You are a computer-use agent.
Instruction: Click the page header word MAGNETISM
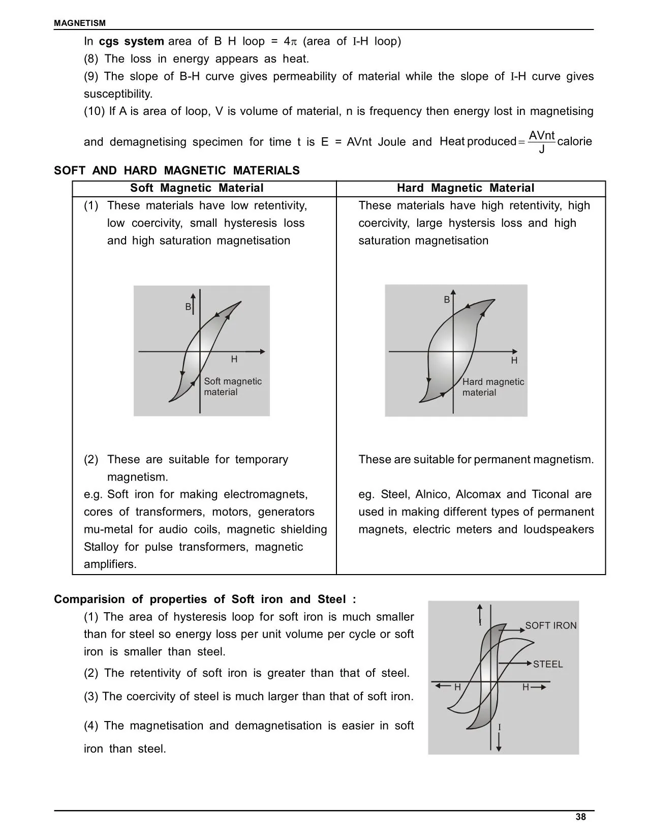[x=80, y=23]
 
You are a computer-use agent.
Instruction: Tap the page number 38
[x=580, y=817]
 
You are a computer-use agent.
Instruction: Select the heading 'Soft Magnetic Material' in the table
[x=197, y=188]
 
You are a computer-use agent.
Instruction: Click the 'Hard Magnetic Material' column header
[x=465, y=188]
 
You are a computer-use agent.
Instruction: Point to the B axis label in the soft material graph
[x=188, y=307]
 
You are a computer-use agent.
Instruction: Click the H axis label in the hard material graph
[x=514, y=361]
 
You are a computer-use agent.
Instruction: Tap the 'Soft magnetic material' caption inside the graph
[x=232, y=386]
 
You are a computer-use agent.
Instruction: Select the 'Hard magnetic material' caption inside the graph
[x=492, y=387]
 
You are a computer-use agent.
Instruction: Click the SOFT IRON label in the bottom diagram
[x=550, y=625]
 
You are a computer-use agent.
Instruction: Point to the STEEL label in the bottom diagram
[x=548, y=664]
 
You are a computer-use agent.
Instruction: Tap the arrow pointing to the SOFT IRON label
[x=511, y=630]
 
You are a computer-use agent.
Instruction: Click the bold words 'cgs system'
[x=132, y=42]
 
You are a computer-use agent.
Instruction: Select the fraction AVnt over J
[x=542, y=142]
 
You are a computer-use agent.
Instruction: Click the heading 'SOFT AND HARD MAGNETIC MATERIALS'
[x=177, y=171]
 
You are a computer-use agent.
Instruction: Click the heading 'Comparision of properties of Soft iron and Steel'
[x=205, y=600]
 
